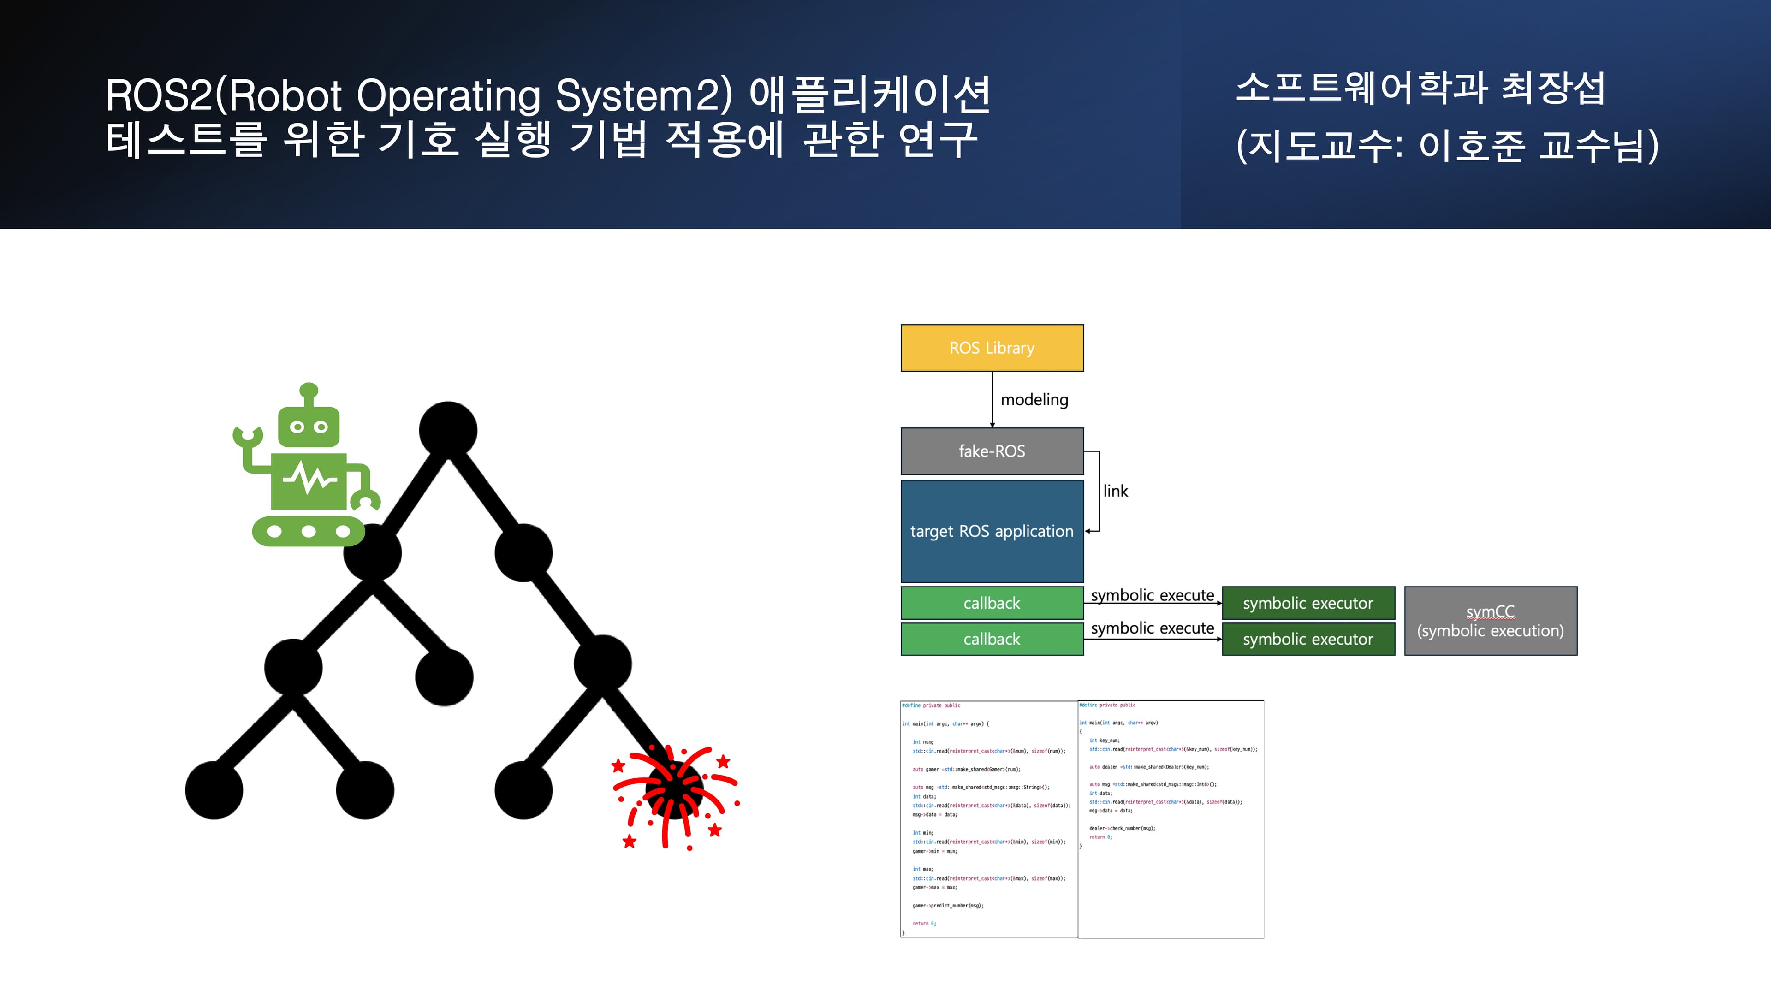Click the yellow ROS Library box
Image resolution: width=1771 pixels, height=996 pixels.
(x=992, y=348)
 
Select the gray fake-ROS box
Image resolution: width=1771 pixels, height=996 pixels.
(x=992, y=451)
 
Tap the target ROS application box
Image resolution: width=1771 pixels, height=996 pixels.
(x=992, y=531)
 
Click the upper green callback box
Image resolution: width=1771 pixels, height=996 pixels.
(x=992, y=603)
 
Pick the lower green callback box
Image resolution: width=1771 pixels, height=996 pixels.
(x=992, y=639)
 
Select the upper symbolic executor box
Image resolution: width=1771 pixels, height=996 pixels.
(x=1307, y=603)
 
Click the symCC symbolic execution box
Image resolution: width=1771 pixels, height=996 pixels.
(x=1490, y=621)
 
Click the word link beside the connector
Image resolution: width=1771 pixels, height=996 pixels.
(x=1115, y=491)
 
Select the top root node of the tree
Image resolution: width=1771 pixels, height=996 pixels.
(x=447, y=430)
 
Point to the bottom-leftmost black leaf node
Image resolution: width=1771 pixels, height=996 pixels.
(x=214, y=790)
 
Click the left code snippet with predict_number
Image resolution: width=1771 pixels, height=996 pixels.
(x=989, y=818)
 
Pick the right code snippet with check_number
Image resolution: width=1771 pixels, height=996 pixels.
(x=1170, y=818)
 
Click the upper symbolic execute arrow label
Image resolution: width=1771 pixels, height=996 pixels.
(x=1152, y=595)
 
